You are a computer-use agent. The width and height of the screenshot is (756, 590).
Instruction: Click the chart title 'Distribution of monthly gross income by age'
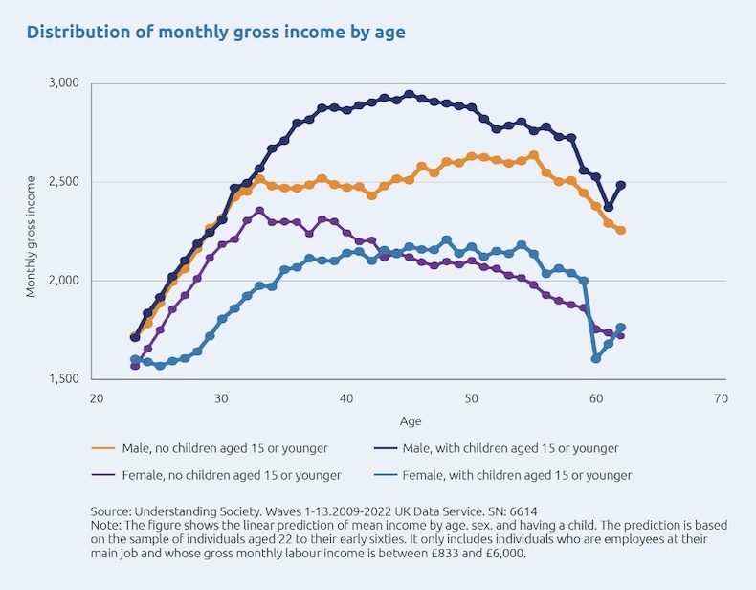(215, 33)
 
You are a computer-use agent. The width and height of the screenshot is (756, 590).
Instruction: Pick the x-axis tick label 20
(96, 397)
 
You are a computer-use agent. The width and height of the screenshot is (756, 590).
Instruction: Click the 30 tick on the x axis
(221, 397)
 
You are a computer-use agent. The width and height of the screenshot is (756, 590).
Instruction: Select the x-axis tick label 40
(345, 397)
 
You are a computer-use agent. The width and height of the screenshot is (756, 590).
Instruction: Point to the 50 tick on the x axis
(471, 397)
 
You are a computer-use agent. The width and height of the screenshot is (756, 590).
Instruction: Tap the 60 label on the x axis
(595, 397)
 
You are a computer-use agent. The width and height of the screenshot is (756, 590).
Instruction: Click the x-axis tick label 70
(721, 397)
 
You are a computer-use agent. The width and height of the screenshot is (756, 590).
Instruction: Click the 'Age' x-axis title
(409, 420)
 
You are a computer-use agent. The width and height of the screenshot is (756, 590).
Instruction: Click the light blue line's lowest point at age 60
(596, 358)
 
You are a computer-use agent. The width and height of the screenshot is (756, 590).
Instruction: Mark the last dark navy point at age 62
(621, 185)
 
